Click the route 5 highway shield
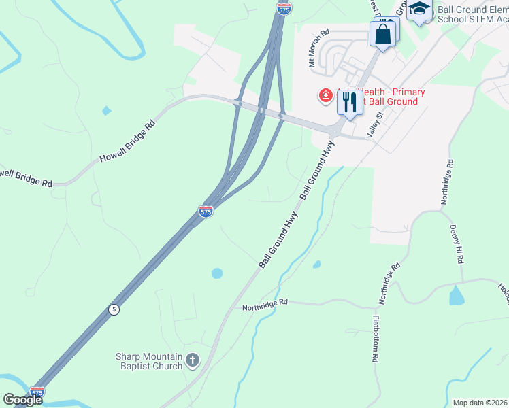(114, 309)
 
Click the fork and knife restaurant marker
(350, 103)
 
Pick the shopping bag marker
(383, 33)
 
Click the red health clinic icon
(326, 95)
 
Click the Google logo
(23, 400)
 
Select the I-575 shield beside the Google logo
(37, 392)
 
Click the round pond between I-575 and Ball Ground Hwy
(217, 273)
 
